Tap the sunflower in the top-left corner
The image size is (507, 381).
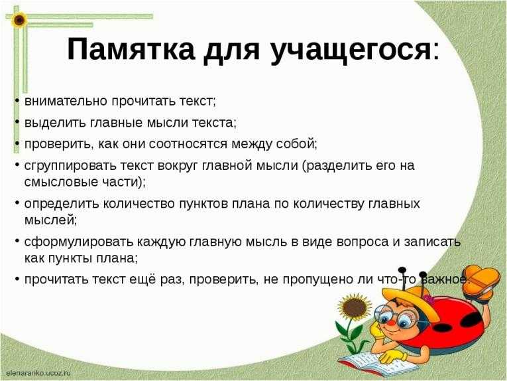click(19, 20)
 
